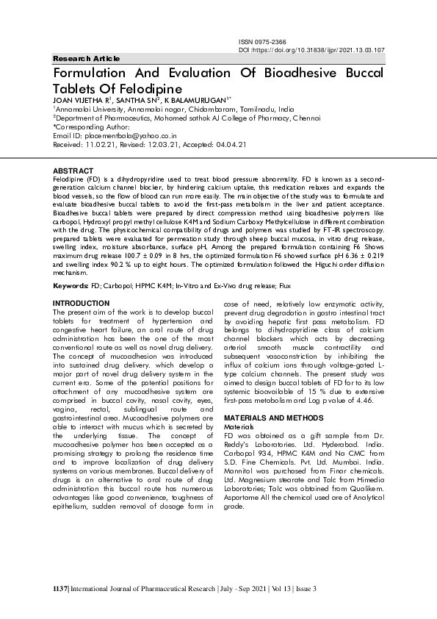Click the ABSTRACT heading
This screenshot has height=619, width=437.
73,170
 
